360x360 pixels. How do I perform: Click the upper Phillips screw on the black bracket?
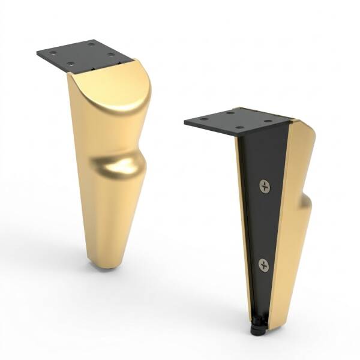tap(265, 186)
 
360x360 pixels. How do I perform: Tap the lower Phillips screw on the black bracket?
tap(263, 265)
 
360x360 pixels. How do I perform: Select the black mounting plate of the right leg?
tap(234, 121)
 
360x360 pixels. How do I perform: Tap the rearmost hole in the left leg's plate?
tap(91, 44)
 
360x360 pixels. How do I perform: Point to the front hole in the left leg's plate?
tap(71, 64)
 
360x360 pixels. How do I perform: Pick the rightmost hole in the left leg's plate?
tap(111, 55)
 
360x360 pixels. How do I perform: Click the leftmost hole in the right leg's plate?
tap(204, 119)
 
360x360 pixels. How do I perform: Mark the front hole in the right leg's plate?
tap(239, 128)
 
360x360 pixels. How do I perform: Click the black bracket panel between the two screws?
tap(263, 225)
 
